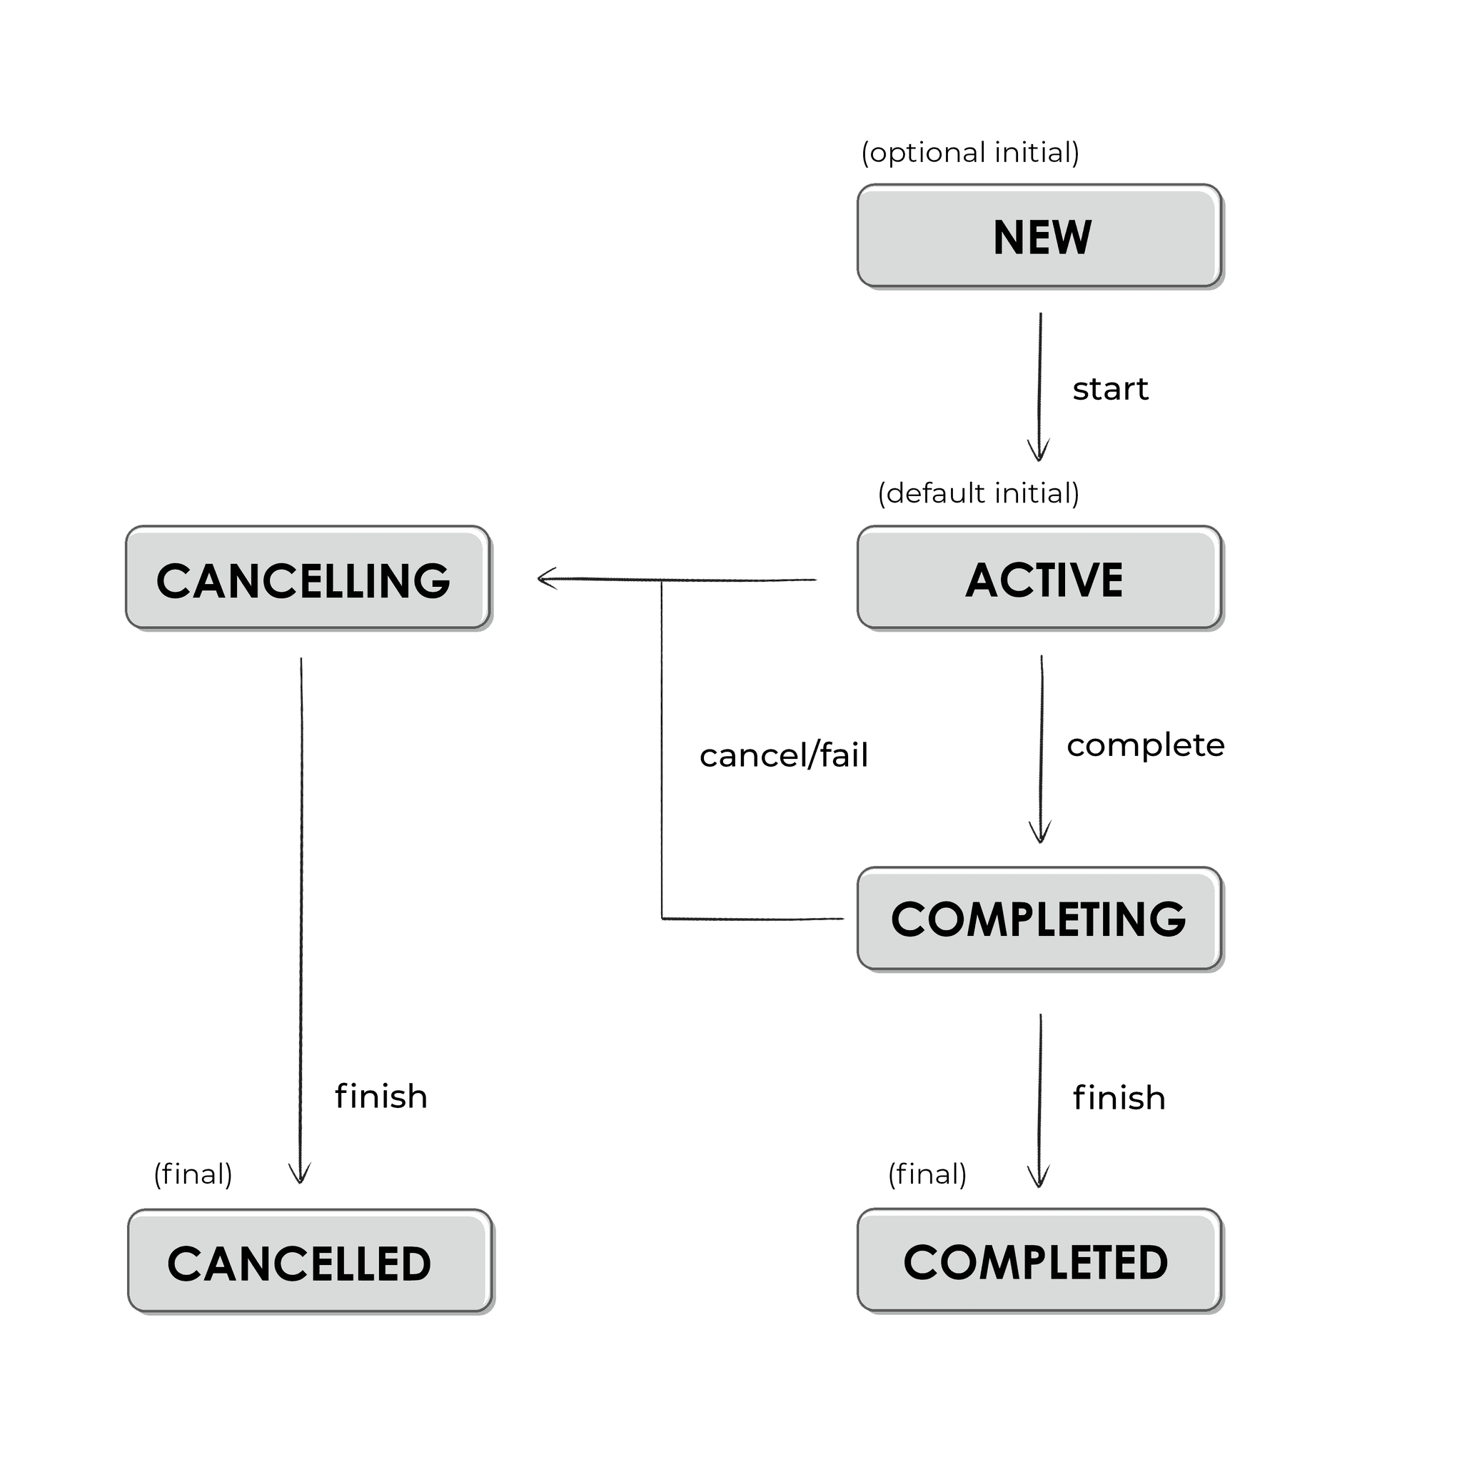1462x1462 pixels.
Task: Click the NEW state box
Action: point(1039,236)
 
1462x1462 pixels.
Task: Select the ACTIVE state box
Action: point(1039,578)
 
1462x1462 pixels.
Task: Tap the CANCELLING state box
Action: point(307,578)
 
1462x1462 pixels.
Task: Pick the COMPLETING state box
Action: point(1039,919)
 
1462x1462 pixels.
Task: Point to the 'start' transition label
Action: point(1109,390)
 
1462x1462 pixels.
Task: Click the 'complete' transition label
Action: point(1145,746)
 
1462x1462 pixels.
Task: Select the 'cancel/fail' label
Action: point(783,756)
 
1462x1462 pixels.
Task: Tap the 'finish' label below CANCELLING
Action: point(380,1096)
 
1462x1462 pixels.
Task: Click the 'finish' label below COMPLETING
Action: point(1119,1098)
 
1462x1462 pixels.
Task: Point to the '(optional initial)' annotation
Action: point(969,153)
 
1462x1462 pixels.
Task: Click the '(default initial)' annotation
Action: point(978,493)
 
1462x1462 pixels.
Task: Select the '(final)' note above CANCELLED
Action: point(193,1174)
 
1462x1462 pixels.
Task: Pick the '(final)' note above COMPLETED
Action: point(927,1174)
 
